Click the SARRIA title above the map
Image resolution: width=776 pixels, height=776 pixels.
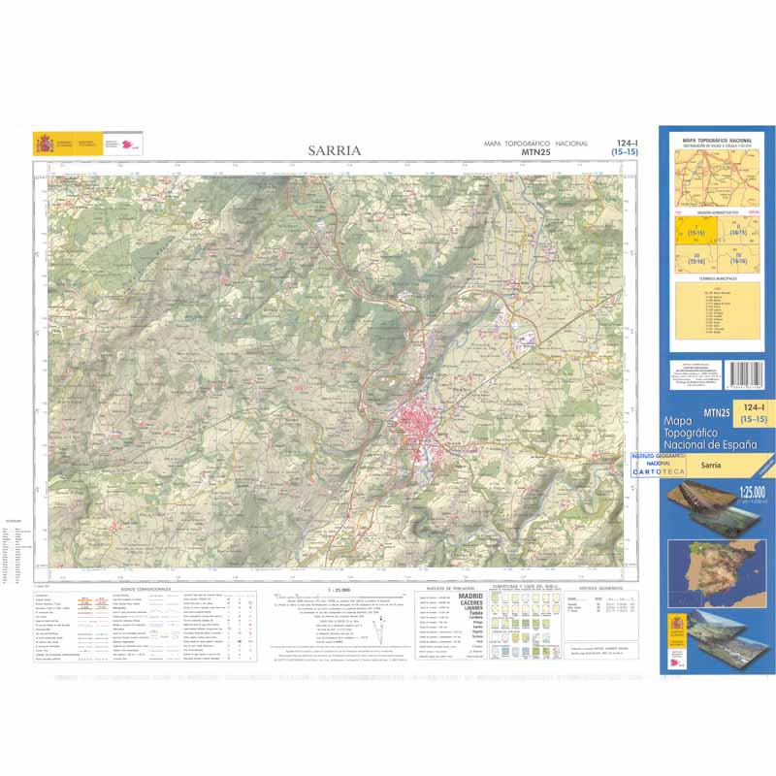point(335,150)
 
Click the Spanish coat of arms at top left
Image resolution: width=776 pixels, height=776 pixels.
point(45,144)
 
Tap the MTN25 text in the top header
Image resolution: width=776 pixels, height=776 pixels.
point(536,152)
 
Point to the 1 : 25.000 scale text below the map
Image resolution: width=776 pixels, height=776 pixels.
point(336,589)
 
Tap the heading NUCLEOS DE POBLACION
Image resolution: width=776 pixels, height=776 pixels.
point(447,588)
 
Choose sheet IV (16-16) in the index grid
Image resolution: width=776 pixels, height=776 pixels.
point(737,258)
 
